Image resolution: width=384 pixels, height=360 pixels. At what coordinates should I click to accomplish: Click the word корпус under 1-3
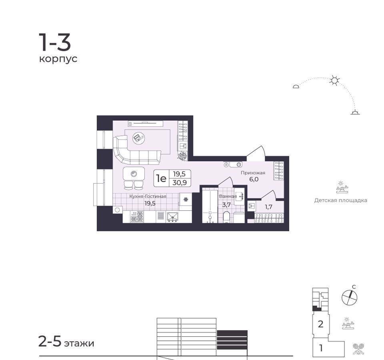pos(58,59)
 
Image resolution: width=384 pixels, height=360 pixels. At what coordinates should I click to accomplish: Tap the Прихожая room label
pos(253,173)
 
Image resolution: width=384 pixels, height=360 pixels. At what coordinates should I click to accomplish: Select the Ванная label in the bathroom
pos(228,196)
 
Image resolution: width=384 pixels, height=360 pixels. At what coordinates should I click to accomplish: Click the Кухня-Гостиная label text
pos(148,196)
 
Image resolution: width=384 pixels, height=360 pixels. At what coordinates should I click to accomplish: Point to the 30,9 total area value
pos(180,182)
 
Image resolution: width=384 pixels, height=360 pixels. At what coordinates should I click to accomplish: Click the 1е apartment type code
pos(161,178)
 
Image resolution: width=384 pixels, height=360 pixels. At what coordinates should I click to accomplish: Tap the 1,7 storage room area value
pos(268,207)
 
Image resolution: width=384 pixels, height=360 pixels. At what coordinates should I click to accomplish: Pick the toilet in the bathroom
pos(226,218)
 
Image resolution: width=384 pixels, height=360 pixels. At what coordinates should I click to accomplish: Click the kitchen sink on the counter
pos(173,217)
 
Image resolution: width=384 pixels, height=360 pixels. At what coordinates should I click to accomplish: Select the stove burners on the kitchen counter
pos(137,216)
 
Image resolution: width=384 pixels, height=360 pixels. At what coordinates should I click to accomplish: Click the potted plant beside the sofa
pos(182,156)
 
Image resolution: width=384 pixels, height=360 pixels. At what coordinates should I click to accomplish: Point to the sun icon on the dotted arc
pos(334,80)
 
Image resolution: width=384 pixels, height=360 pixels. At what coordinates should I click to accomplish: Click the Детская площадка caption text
pos(341,200)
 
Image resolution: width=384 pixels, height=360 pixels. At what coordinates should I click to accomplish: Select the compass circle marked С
pos(349,298)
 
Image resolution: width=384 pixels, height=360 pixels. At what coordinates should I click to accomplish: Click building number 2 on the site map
pos(320,324)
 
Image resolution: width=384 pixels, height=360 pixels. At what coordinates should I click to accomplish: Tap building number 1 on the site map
pos(321,348)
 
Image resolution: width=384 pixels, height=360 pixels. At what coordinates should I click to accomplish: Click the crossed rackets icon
pos(358,349)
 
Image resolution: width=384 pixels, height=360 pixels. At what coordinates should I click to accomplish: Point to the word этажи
pos(79,343)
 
